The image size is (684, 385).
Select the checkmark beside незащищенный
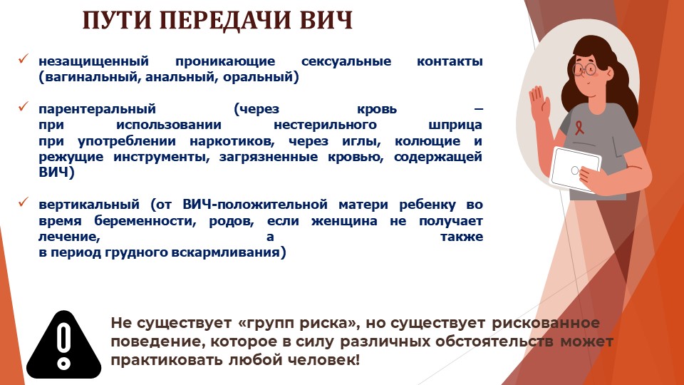click(24, 59)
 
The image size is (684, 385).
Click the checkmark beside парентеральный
click(24, 106)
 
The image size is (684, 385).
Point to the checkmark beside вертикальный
click(24, 202)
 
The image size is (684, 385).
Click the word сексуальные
click(346, 61)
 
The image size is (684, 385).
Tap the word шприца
click(455, 125)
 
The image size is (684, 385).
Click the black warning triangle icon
click(63, 345)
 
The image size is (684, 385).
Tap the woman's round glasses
click(584, 69)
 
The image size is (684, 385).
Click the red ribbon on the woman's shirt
click(579, 128)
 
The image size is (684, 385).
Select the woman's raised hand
click(539, 103)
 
